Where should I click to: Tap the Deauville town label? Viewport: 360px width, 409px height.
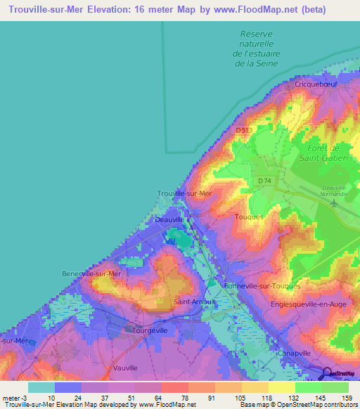(x=169, y=220)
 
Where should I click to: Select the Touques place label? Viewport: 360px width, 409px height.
(x=249, y=217)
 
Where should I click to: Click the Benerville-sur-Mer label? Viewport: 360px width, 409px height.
(x=91, y=273)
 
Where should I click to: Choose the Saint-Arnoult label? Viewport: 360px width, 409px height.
(x=190, y=302)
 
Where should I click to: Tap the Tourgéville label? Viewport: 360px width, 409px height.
(x=153, y=330)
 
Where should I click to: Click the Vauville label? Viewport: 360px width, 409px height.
(x=124, y=368)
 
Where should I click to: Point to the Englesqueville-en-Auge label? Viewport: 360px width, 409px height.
(x=309, y=305)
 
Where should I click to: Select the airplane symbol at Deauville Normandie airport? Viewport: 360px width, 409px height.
(x=334, y=204)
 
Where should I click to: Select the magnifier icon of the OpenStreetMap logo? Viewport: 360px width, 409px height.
(x=327, y=372)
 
